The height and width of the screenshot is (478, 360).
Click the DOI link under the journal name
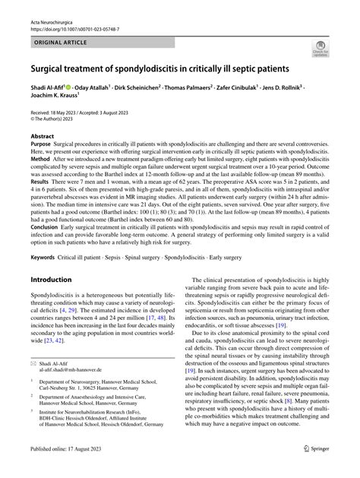tap(72, 18)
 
